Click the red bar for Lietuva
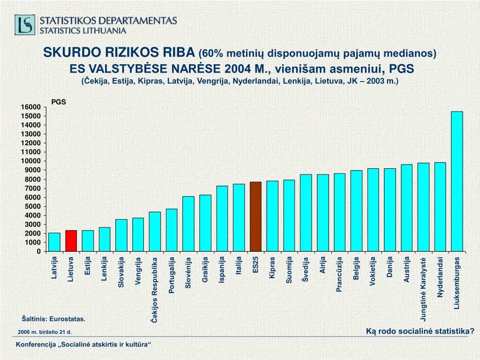[71, 240]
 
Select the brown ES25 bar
[255, 217]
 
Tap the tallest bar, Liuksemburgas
[457, 181]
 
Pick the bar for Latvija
[54, 242]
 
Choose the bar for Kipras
[272, 216]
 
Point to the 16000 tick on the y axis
[30, 107]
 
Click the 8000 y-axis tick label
[32, 180]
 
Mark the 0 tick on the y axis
[38, 252]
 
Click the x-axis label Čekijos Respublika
[154, 289]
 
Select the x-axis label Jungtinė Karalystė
[423, 289]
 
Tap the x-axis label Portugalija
[172, 275]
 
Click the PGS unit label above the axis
[59, 101]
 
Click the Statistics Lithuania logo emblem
[25, 25]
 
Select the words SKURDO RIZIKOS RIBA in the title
[120, 52]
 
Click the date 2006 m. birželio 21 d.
[45, 332]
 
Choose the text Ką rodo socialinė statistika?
[420, 331]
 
